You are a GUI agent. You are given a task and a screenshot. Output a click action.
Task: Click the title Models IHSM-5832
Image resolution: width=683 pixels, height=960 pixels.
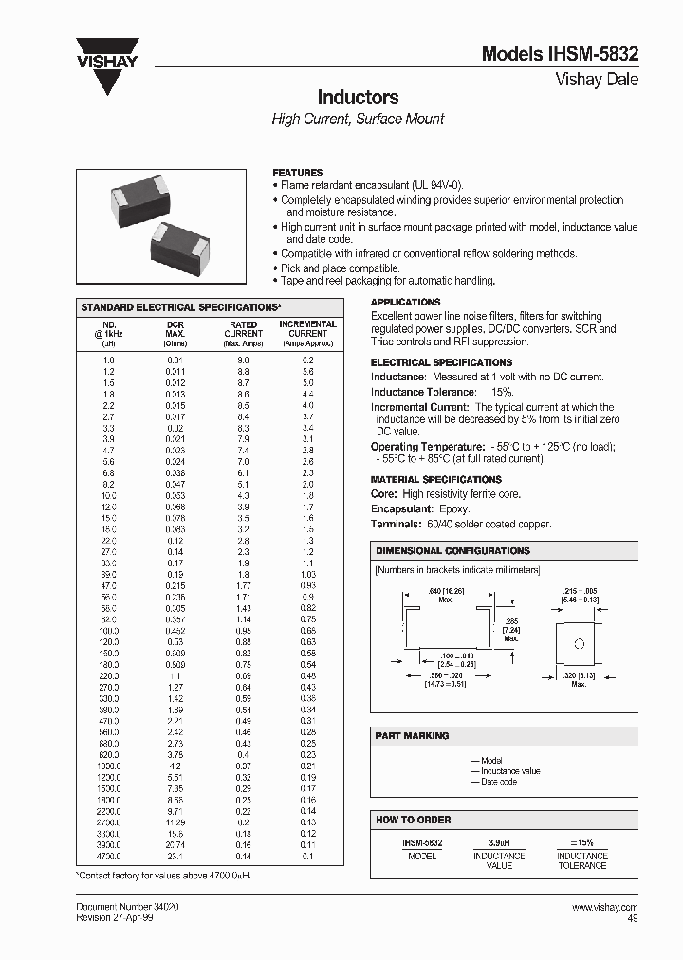560,55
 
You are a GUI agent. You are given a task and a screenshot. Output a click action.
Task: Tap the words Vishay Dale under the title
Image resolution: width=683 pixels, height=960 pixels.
596,80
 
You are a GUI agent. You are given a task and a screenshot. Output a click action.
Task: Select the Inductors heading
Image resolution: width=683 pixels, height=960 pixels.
357,98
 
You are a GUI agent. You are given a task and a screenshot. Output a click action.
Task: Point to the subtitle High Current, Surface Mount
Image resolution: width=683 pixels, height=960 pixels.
358,120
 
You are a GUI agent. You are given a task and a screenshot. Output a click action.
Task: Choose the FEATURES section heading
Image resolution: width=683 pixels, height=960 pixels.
297,173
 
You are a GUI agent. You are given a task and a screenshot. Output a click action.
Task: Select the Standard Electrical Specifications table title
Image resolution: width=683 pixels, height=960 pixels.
181,308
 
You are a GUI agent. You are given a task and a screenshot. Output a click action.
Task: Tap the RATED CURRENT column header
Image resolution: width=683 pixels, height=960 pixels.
243,329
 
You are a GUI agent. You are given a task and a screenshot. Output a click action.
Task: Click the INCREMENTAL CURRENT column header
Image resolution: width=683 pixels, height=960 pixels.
307,329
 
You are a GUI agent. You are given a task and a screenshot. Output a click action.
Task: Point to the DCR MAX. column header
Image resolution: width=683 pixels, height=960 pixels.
175,329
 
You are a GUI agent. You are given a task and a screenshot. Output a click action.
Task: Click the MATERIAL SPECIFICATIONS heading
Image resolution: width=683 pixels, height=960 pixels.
435,480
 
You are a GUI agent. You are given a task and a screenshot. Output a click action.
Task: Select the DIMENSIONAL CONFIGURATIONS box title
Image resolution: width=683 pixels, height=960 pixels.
452,551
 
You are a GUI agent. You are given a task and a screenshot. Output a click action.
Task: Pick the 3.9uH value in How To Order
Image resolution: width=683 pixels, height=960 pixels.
499,842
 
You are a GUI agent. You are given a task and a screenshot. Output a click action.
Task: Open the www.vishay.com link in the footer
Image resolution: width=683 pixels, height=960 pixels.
605,907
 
